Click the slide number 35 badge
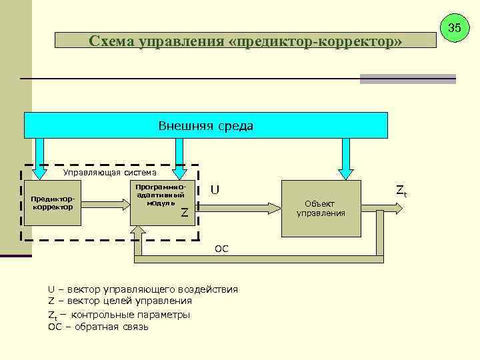[455, 28]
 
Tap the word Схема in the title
[111, 41]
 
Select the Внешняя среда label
[205, 125]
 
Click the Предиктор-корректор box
[51, 203]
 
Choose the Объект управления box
[324, 208]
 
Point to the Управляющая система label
[109, 172]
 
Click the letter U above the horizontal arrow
[215, 190]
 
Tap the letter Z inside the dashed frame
[185, 213]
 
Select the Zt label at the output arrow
[401, 191]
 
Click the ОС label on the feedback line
[222, 249]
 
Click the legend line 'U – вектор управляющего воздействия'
[143, 289]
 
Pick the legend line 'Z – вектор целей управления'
[120, 301]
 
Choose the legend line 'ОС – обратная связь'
[99, 327]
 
